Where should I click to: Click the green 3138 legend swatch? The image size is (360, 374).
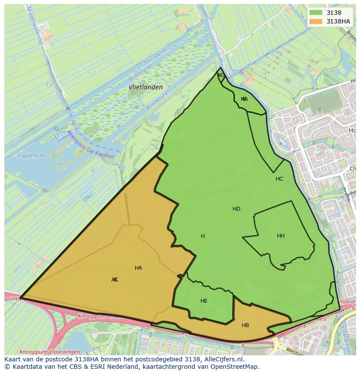(x=316, y=13)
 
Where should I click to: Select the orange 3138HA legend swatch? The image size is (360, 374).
(x=316, y=21)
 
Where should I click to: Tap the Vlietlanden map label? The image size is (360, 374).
(x=146, y=87)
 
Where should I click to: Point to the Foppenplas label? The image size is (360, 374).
(x=32, y=155)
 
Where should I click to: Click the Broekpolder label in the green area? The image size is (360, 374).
(x=209, y=192)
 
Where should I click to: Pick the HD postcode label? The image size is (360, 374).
(x=237, y=209)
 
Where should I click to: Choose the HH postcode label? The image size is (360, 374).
(x=281, y=236)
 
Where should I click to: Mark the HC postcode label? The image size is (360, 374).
(x=279, y=179)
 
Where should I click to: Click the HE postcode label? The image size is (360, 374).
(x=204, y=301)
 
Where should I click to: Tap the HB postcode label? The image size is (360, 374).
(x=245, y=325)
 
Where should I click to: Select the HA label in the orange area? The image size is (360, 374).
(x=138, y=268)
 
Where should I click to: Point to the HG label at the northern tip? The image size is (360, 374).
(x=221, y=75)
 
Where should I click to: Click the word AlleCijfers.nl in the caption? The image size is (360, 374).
(x=222, y=360)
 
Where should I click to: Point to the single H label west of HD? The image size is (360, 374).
(x=203, y=236)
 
